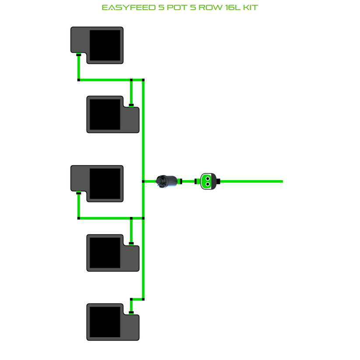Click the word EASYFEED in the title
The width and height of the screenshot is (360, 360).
123,8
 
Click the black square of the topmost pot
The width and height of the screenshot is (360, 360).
105,45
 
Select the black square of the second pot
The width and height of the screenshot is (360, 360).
105,114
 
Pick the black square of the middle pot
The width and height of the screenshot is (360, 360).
105,183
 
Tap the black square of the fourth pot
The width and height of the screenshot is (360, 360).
105,253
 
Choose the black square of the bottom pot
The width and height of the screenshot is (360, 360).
105,322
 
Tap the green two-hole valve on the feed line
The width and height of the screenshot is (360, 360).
209,181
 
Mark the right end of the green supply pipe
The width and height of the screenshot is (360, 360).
282,181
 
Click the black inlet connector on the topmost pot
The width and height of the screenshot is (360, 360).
79,55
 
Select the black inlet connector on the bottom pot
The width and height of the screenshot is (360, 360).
131,312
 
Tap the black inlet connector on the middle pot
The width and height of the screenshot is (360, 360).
79,192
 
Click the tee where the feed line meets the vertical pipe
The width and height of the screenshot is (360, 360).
143,181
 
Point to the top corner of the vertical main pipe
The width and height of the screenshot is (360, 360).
143,80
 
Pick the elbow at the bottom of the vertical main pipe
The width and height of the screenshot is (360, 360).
143,299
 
